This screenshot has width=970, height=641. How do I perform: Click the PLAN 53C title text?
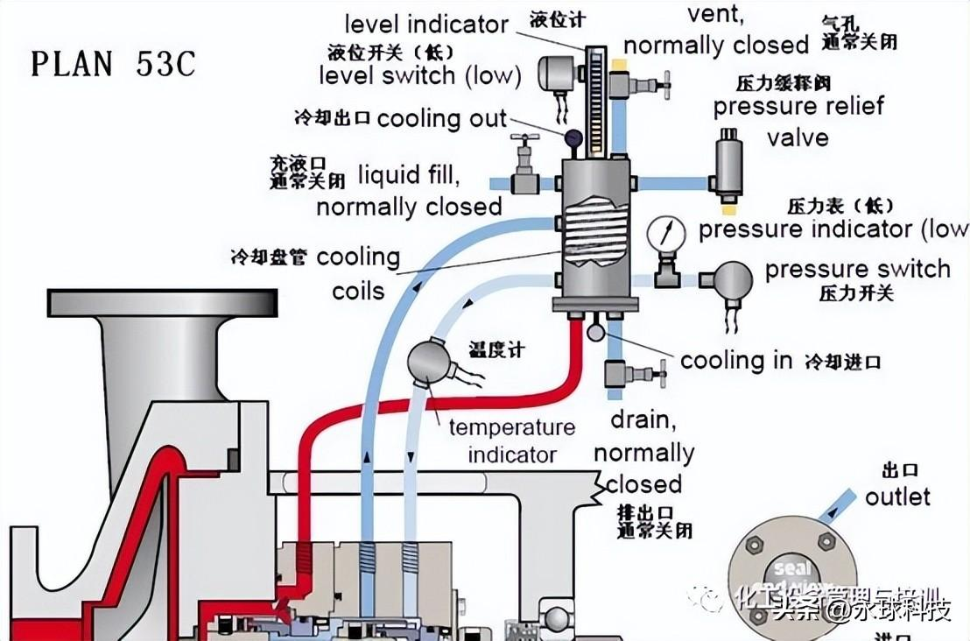tap(113, 64)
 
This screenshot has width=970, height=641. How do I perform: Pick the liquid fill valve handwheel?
tap(525, 140)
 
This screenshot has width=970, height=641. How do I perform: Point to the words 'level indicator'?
tap(426, 24)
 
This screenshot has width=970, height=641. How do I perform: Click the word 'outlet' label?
tap(897, 497)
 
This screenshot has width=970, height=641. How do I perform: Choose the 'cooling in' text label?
tap(736, 360)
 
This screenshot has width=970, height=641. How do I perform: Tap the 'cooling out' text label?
tap(442, 119)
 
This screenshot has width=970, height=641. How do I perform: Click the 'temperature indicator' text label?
tap(512, 441)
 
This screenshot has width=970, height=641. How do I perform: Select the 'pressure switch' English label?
tap(857, 269)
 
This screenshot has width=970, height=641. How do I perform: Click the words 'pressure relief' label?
tap(798, 107)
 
